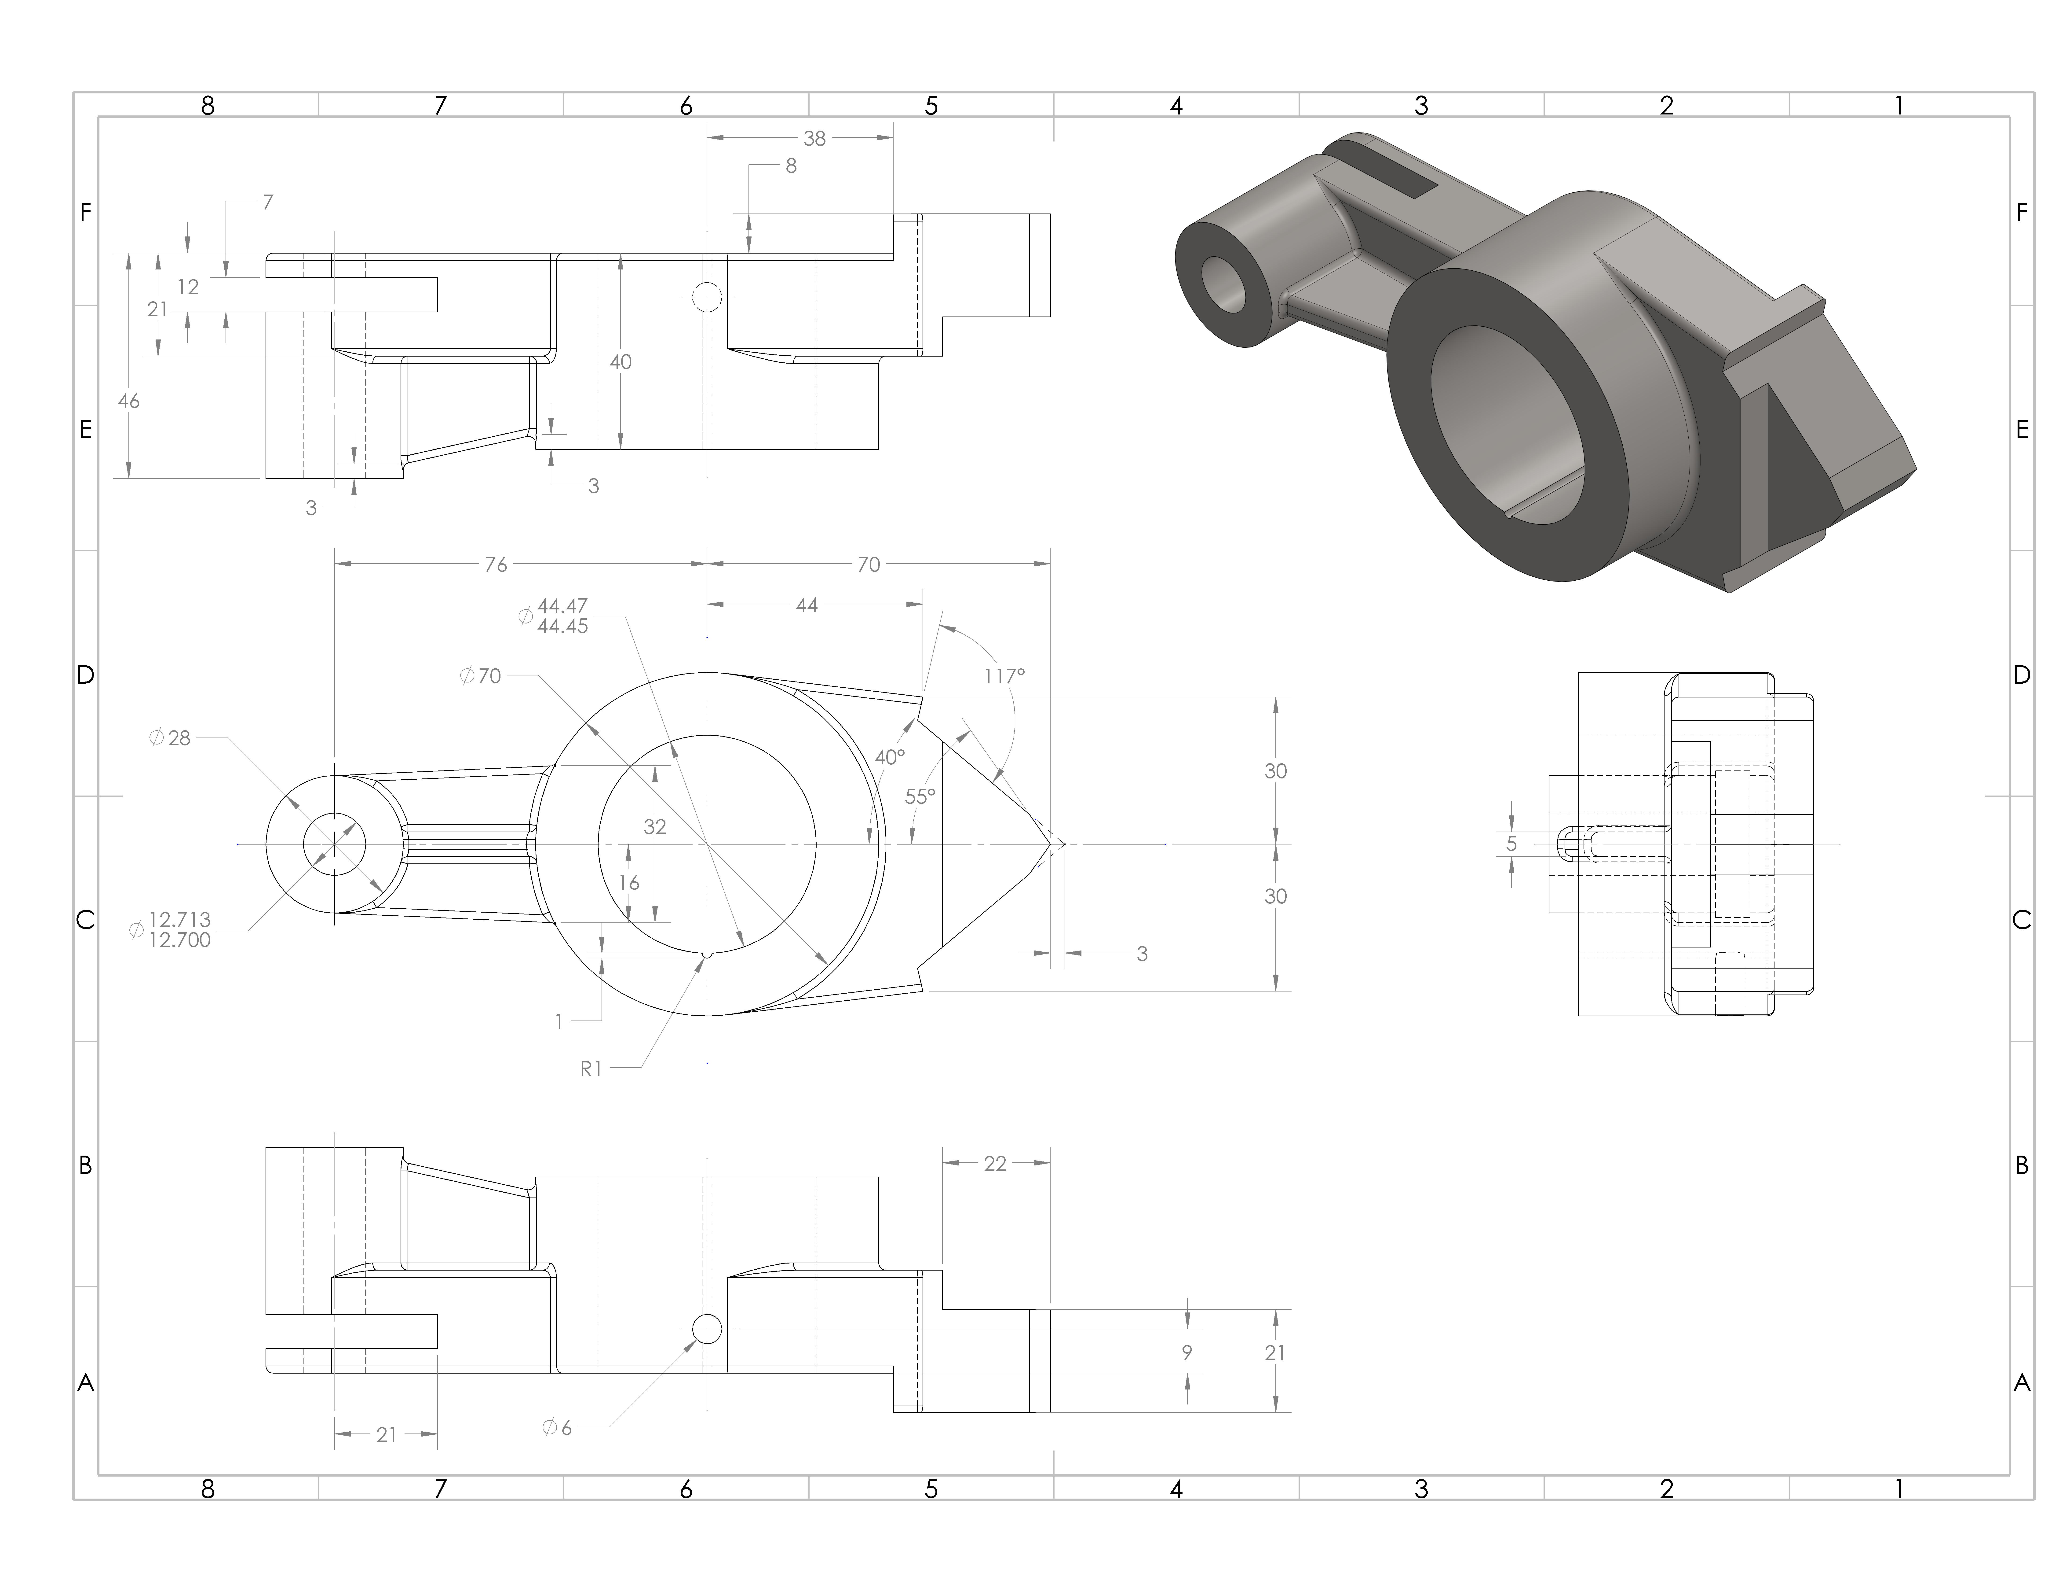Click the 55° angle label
click(x=920, y=796)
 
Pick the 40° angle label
click(x=889, y=757)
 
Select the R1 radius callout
click(x=591, y=1069)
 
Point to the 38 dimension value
click(x=814, y=139)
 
